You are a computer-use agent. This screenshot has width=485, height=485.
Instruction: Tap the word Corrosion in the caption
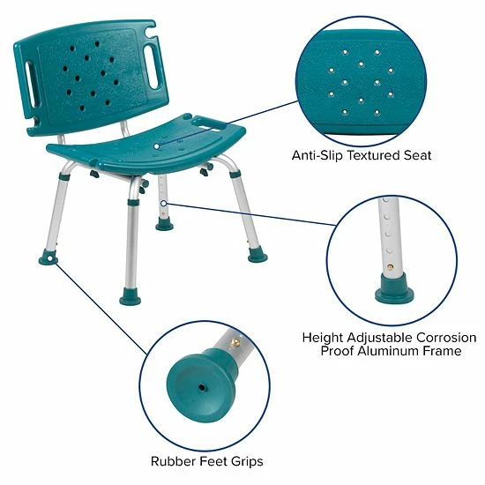click(445, 338)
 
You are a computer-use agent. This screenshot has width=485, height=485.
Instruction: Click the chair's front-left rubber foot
click(130, 297)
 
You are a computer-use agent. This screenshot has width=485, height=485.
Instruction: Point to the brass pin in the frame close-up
click(387, 264)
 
